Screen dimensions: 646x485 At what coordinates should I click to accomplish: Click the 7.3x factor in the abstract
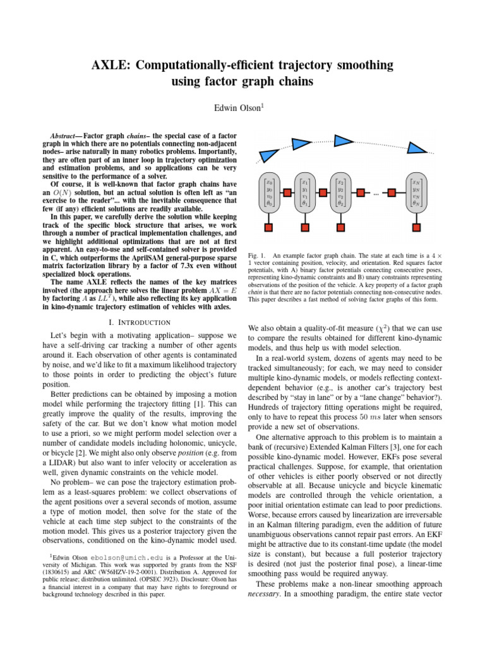(x=169, y=266)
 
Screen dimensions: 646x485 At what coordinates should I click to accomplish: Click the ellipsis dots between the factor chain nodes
(x=378, y=194)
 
